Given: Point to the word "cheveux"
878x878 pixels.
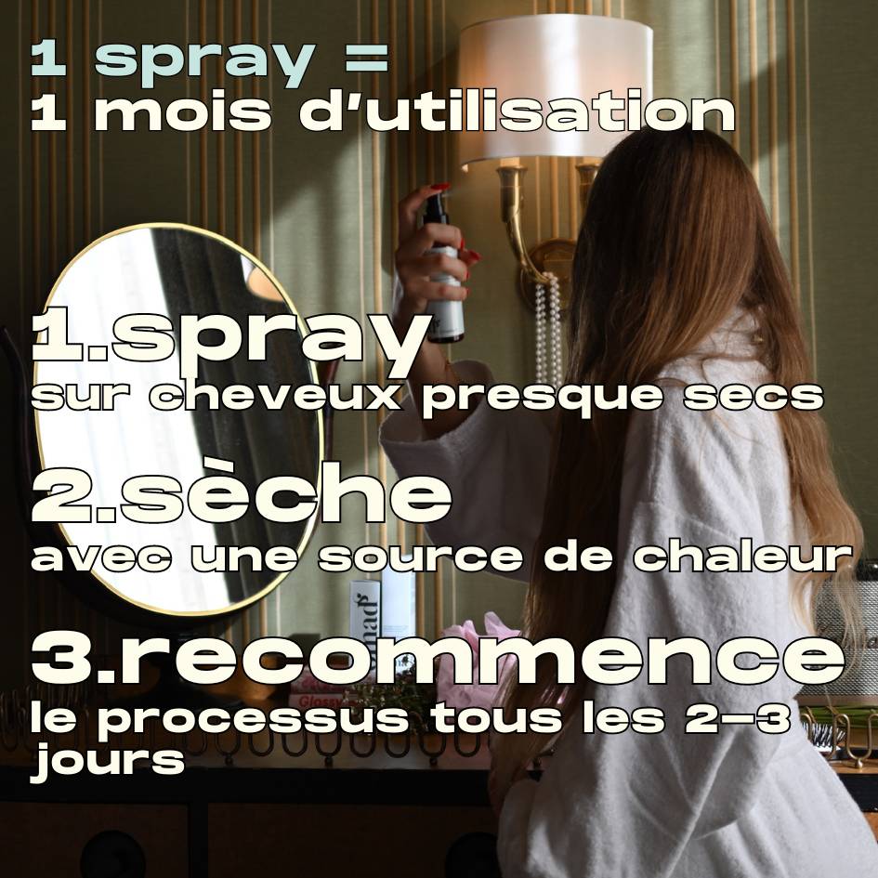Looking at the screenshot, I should (x=275, y=397).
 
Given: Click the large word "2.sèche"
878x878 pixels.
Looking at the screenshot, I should (x=241, y=496).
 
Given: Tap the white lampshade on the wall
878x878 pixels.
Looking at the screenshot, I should (x=554, y=89).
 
